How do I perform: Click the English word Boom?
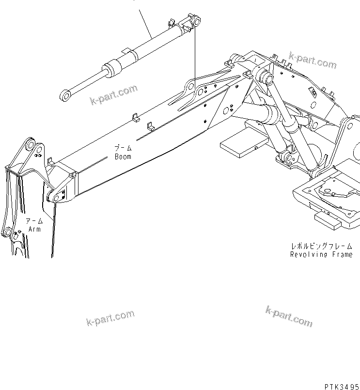(123, 156)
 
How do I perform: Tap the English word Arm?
(34, 229)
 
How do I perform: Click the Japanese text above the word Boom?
(123, 147)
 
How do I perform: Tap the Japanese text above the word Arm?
(34, 220)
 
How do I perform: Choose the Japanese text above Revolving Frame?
(321, 246)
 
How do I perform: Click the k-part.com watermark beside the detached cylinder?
(114, 94)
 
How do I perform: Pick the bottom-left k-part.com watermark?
(110, 318)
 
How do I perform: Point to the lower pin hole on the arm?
(7, 232)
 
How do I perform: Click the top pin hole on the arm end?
(31, 145)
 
